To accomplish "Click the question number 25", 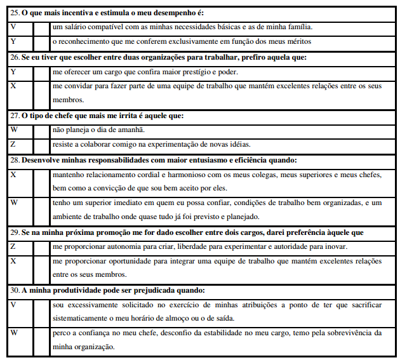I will click(x=14, y=13).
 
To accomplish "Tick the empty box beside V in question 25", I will click(x=41, y=27).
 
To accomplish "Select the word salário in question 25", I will click(x=76, y=27).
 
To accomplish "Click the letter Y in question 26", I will click(x=13, y=72).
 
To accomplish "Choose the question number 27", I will click(x=14, y=116).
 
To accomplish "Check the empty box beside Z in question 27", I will click(x=41, y=144).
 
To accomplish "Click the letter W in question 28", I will click(x=14, y=203).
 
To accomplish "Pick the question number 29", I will click(x=14, y=232).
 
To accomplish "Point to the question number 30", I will click(x=14, y=290).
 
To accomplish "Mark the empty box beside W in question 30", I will click(x=41, y=339).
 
